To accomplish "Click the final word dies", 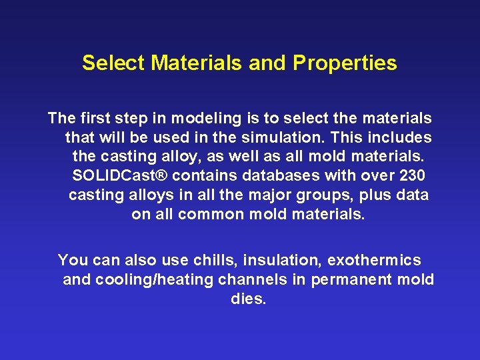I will [248, 299].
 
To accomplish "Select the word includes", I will [402, 138].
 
